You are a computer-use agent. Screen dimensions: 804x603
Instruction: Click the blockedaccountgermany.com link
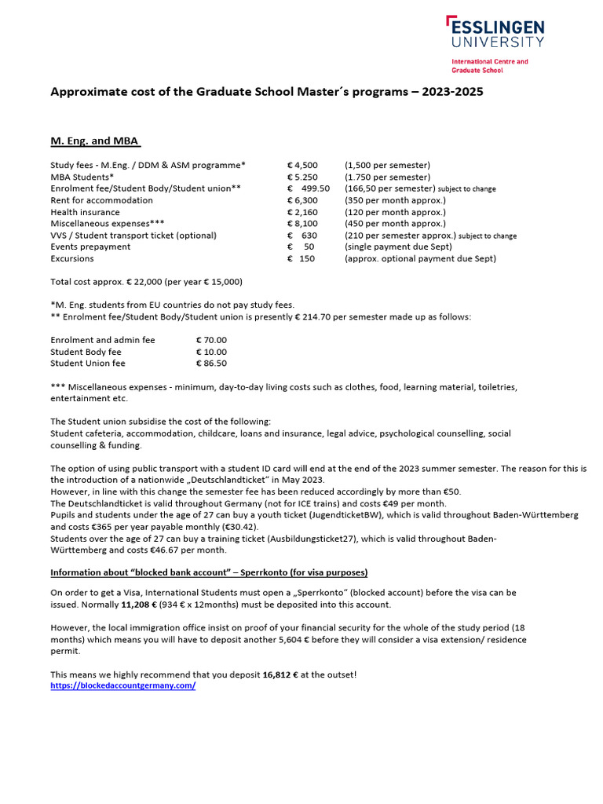(x=122, y=685)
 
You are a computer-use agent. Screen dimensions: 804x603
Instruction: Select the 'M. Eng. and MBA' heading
(x=95, y=141)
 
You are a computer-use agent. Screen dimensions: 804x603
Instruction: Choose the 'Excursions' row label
(x=72, y=258)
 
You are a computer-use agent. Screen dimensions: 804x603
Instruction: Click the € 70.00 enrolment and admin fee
(x=211, y=340)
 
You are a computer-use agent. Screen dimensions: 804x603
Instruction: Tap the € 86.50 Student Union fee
(x=211, y=364)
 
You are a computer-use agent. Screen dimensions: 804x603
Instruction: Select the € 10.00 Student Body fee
(x=211, y=352)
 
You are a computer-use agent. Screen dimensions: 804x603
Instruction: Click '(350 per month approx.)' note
(x=395, y=200)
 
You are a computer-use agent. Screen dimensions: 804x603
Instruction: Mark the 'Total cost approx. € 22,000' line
(x=146, y=282)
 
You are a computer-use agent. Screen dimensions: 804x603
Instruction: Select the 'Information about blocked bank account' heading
(x=209, y=572)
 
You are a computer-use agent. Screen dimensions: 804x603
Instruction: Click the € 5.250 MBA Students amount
(x=302, y=177)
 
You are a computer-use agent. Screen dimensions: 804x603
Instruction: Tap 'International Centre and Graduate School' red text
(x=489, y=66)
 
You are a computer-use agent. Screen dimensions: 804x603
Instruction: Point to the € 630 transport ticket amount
(x=302, y=236)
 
